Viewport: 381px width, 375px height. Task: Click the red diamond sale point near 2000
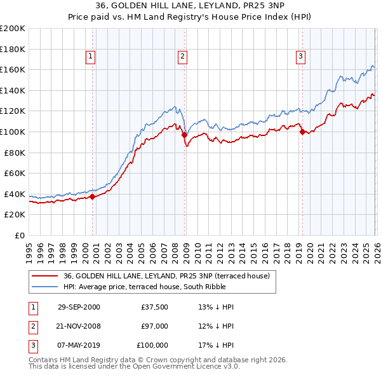pyautogui.click(x=93, y=196)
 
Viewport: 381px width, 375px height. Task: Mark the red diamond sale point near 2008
pyautogui.click(x=184, y=135)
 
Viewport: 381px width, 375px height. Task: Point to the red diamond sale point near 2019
pyautogui.click(x=302, y=132)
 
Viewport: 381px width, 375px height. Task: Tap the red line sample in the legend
pyautogui.click(x=45, y=276)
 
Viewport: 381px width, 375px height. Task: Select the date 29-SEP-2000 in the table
pyautogui.click(x=79, y=307)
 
